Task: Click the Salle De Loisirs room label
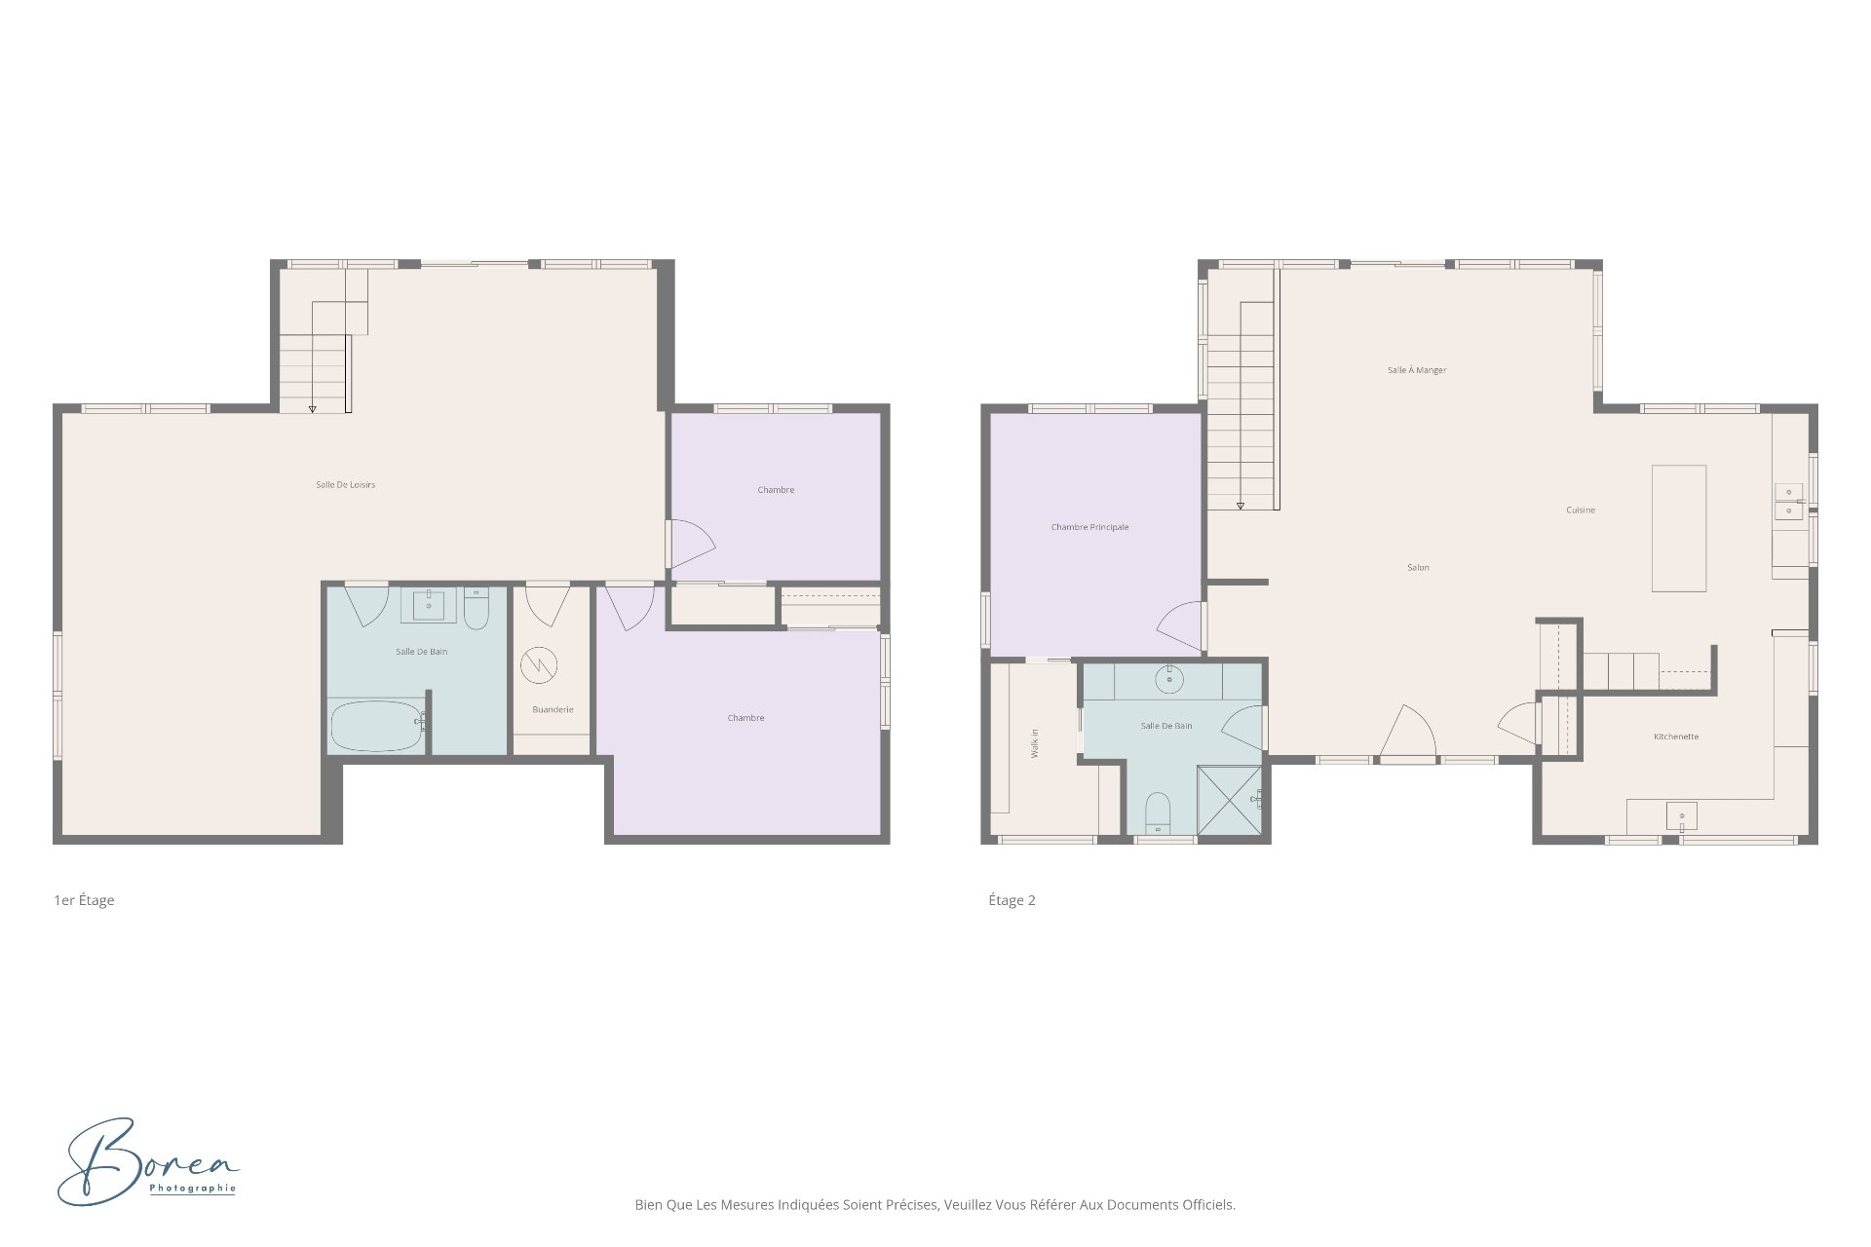click(345, 484)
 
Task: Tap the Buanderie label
click(553, 709)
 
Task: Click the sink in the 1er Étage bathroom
click(428, 605)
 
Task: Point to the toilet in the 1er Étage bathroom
click(477, 608)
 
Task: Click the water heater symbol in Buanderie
click(538, 666)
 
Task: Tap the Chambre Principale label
click(1089, 527)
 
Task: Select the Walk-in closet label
click(1035, 743)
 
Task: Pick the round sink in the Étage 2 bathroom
click(1169, 679)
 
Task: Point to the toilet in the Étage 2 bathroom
click(1157, 813)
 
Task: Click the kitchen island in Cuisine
click(1678, 528)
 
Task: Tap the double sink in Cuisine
click(1788, 502)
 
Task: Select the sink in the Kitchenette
click(1681, 815)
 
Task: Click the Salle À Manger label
click(1417, 370)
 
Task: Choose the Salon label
click(1418, 567)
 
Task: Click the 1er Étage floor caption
click(84, 900)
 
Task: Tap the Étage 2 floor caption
click(1012, 900)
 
